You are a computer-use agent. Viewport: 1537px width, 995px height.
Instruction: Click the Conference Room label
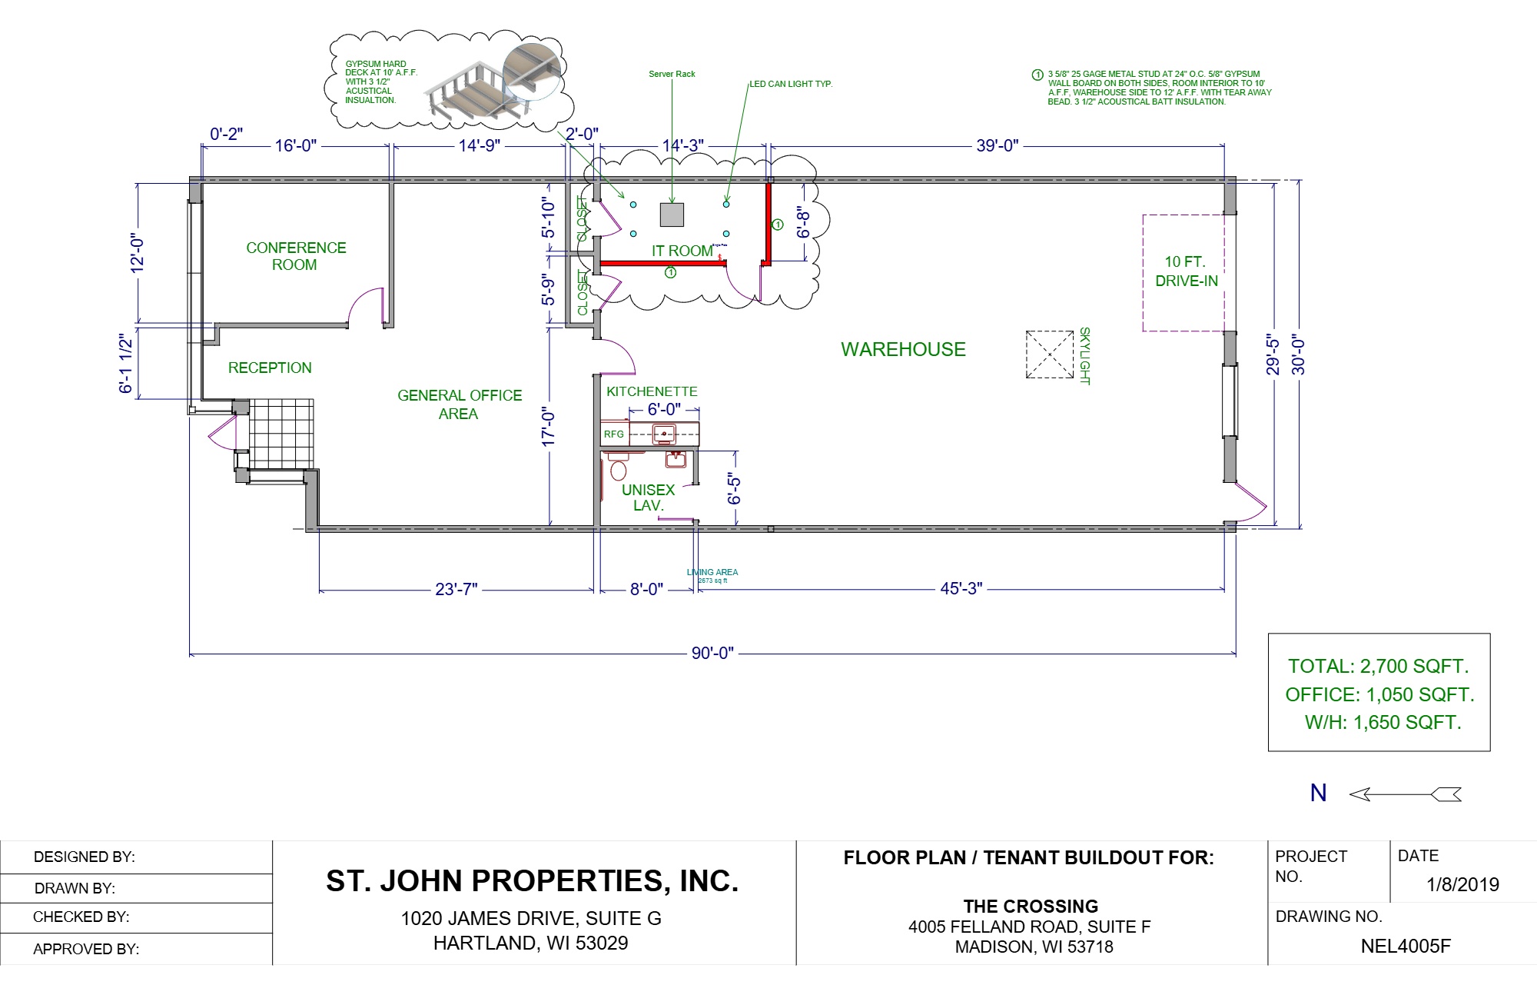point(296,256)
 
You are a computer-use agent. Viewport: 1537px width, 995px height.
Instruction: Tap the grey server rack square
point(672,215)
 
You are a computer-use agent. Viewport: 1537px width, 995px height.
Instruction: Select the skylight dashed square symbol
point(1049,354)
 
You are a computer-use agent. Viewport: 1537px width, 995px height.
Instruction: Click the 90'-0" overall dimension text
point(712,653)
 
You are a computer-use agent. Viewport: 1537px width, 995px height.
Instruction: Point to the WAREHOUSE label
point(903,349)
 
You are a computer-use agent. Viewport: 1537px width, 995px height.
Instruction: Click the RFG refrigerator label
point(614,434)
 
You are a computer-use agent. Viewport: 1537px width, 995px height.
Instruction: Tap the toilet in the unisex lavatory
point(618,468)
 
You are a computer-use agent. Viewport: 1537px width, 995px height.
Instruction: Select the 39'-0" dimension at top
point(997,145)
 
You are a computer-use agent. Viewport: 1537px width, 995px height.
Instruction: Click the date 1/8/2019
point(1462,884)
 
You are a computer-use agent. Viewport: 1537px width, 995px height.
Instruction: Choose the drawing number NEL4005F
point(1406,946)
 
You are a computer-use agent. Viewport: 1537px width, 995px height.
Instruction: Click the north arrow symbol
point(1405,794)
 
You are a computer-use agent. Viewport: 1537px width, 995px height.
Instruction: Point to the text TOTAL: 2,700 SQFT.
point(1378,666)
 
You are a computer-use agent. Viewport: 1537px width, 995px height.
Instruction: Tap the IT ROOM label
point(682,251)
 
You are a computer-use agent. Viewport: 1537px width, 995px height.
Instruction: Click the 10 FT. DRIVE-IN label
point(1186,271)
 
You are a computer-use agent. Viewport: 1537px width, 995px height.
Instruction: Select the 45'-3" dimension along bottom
point(961,588)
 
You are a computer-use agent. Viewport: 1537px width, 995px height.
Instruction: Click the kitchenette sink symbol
point(664,434)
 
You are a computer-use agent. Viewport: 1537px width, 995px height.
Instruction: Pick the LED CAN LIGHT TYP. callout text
point(791,84)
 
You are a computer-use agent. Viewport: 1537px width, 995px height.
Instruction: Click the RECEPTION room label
point(270,368)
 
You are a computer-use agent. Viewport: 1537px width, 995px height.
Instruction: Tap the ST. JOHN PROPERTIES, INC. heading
point(532,881)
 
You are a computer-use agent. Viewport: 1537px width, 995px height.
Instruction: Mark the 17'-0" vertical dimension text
point(548,427)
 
